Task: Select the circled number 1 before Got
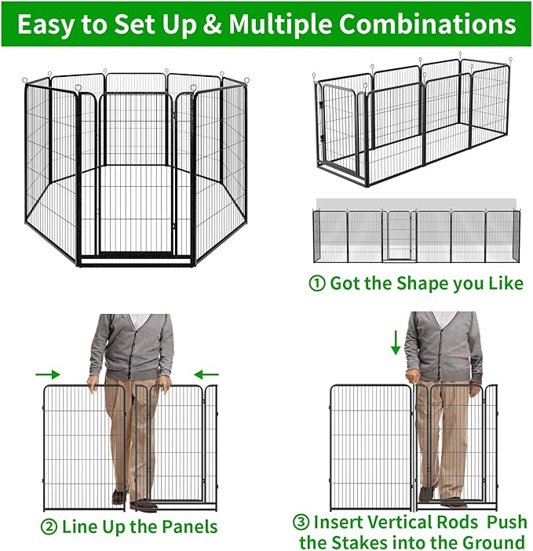pos(317,283)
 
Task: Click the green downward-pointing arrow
pos(396,342)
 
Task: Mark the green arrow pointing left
pos(206,374)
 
